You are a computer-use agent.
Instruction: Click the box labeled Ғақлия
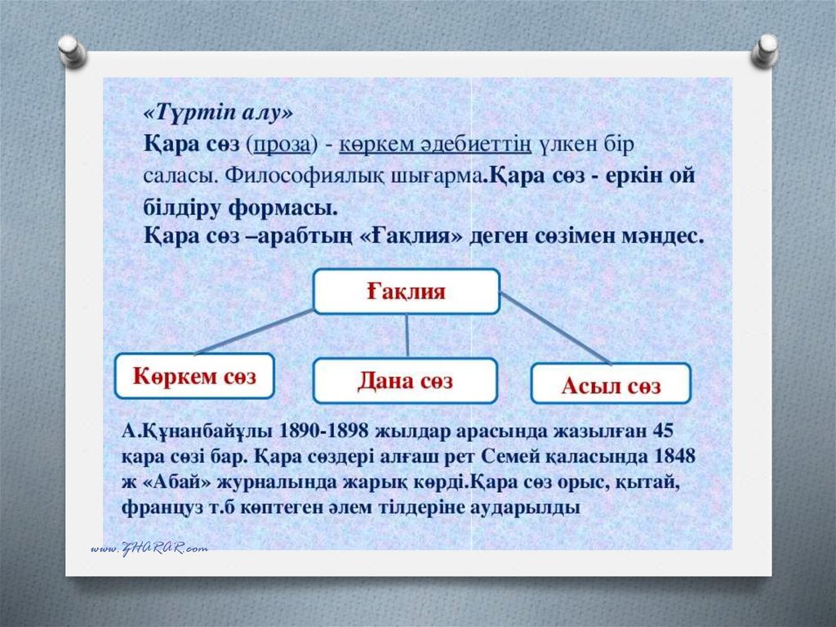406,291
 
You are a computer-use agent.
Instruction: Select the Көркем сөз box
194,376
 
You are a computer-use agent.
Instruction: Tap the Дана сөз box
405,381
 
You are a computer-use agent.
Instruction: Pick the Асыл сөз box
611,384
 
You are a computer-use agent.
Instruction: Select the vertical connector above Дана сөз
407,335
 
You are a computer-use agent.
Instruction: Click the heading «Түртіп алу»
217,113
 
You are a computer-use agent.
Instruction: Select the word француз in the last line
157,506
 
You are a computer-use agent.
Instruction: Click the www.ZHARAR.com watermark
149,548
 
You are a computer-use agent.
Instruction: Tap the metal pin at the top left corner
73,51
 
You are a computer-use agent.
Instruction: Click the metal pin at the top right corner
765,49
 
